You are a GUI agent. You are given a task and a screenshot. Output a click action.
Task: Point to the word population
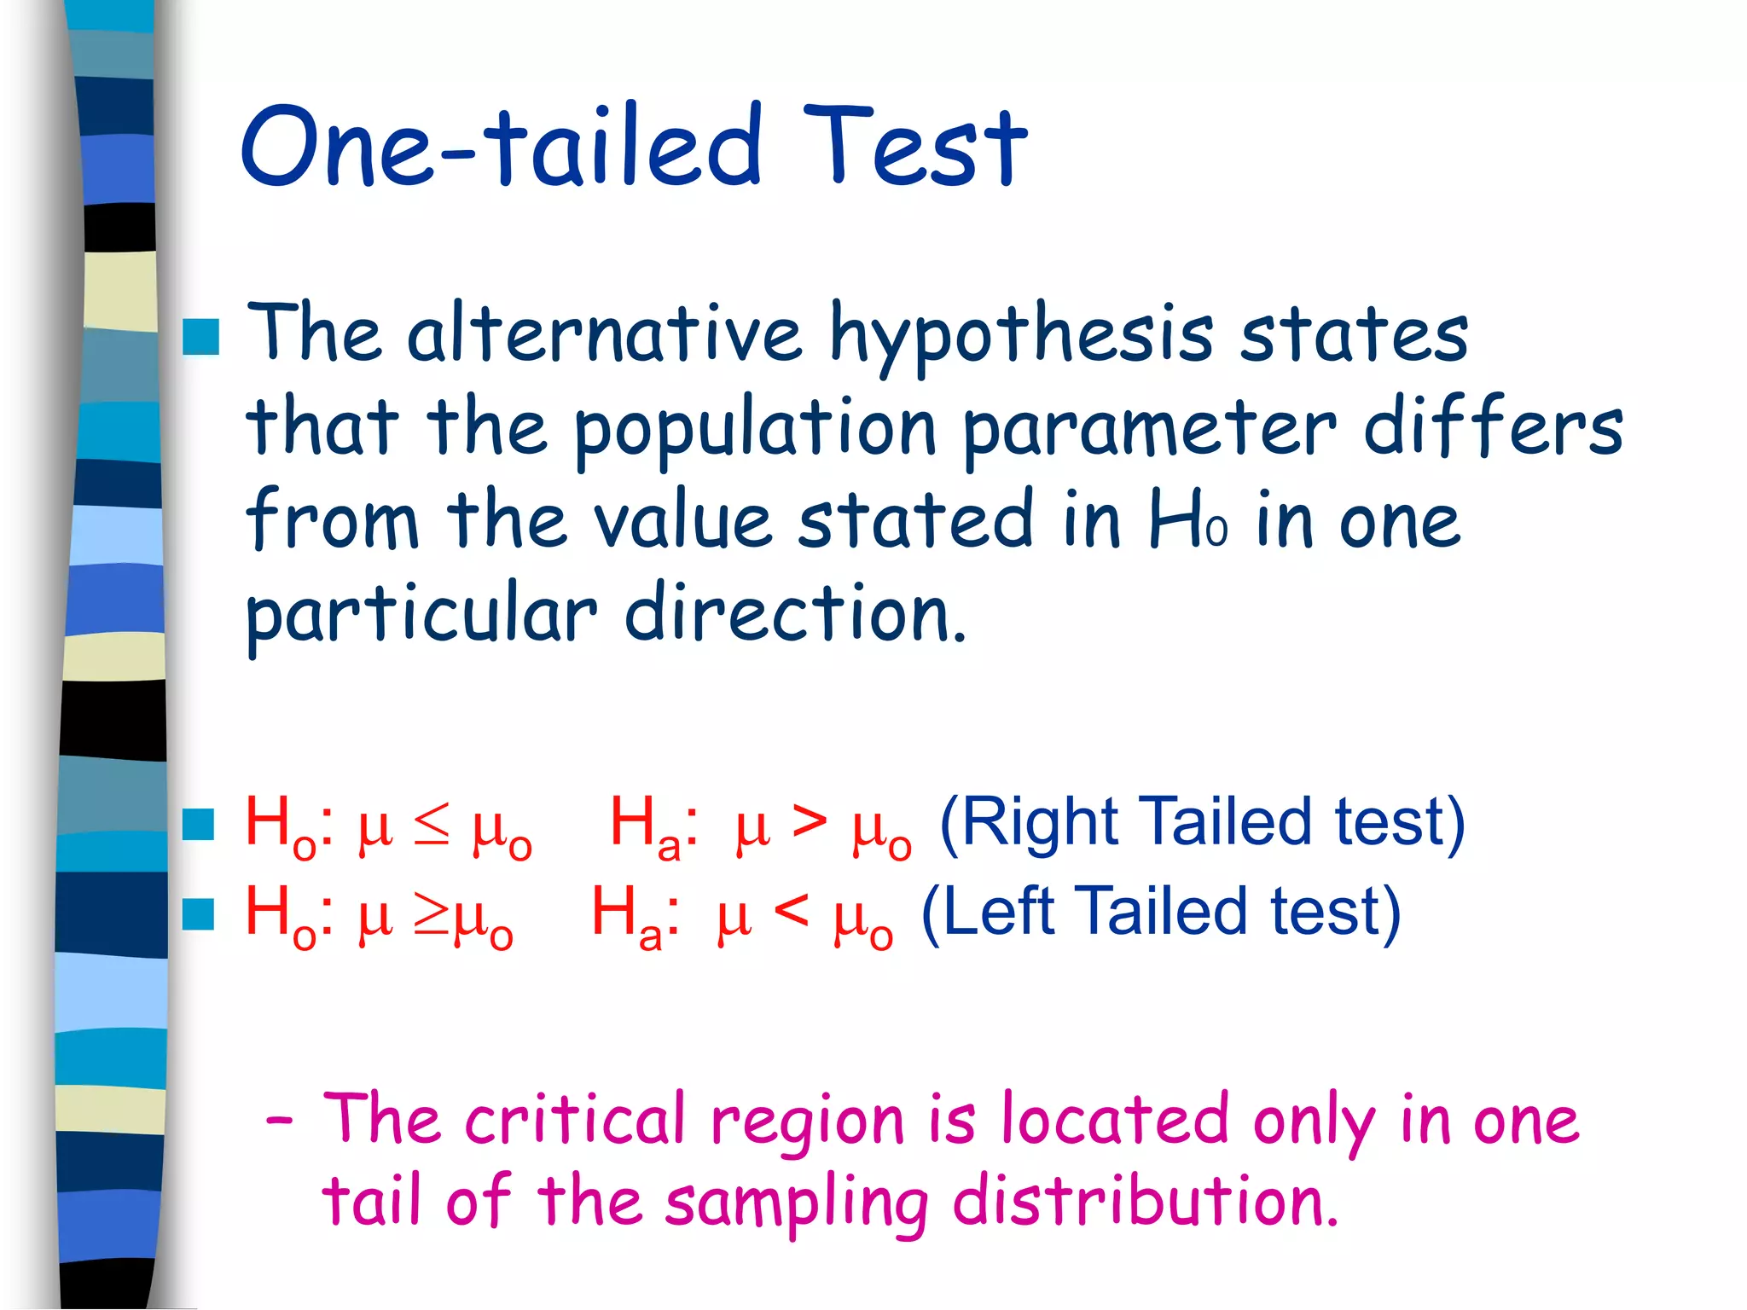(x=755, y=431)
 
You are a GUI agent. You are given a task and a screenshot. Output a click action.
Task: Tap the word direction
(x=795, y=612)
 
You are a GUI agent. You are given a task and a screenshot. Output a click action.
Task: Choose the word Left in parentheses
(x=998, y=913)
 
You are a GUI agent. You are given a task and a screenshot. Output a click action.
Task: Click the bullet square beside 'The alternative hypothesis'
(x=201, y=337)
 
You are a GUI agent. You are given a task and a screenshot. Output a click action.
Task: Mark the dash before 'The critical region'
(x=280, y=1119)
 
